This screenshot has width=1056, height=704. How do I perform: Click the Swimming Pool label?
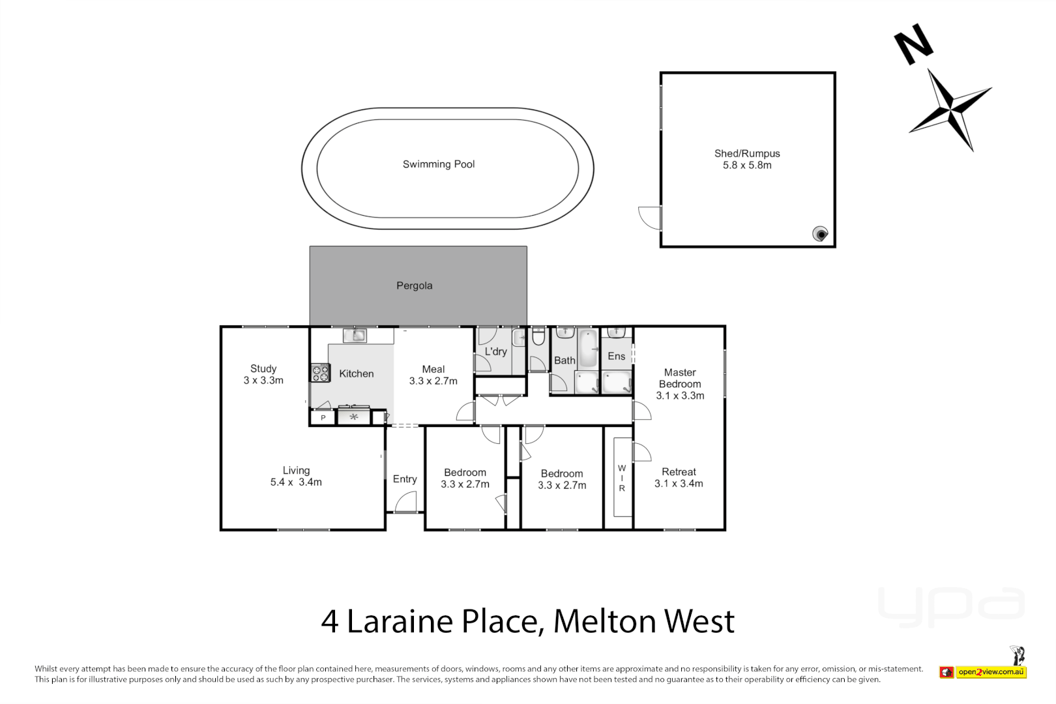438,164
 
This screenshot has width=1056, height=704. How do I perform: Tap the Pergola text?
414,286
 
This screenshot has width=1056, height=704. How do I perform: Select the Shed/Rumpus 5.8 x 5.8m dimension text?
746,166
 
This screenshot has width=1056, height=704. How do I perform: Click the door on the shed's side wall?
650,217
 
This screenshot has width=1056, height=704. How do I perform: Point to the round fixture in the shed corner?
820,233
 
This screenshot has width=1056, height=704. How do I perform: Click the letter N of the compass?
913,44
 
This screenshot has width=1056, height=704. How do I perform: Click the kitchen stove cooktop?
320,373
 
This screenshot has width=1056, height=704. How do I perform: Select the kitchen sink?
355,336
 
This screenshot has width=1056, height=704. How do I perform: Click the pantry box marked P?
323,418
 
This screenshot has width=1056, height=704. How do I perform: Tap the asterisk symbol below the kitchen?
353,417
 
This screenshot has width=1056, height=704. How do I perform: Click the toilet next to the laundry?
538,338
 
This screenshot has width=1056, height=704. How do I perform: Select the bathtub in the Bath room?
588,349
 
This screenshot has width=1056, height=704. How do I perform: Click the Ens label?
616,356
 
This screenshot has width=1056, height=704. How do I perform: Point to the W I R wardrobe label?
622,478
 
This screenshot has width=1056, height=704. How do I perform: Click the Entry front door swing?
406,501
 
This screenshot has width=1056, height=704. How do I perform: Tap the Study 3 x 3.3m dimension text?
263,381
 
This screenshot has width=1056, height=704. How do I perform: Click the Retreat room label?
679,472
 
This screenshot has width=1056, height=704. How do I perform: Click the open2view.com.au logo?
991,672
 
